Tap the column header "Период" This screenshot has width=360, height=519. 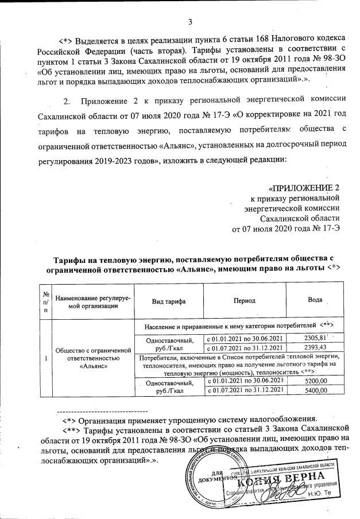pos(245,301)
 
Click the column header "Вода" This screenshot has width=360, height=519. pos(315,301)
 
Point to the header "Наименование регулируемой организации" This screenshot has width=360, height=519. pos(93,301)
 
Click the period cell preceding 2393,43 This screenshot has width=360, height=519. pos(245,347)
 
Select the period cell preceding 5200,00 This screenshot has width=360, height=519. pos(245,381)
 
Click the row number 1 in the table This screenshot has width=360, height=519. pos(45,359)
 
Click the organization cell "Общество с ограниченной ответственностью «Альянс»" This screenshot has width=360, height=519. pos(93,359)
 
